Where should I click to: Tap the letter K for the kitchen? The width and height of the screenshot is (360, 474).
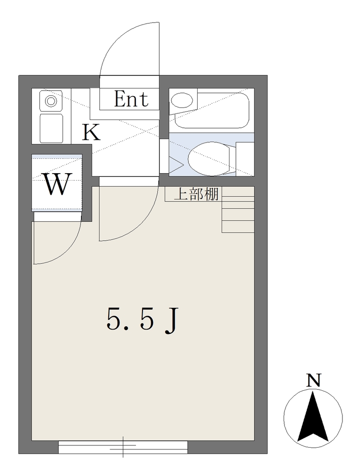[91, 132]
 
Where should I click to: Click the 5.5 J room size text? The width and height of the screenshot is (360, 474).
[141, 319]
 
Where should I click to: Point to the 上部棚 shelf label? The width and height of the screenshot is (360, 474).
[196, 194]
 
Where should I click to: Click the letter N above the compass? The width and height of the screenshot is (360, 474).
[313, 380]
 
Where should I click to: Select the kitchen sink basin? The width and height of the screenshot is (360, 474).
[51, 128]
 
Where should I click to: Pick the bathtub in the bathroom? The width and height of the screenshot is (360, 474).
[211, 111]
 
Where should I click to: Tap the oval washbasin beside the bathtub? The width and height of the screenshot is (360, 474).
[181, 100]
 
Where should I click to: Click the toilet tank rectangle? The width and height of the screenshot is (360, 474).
[244, 158]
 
